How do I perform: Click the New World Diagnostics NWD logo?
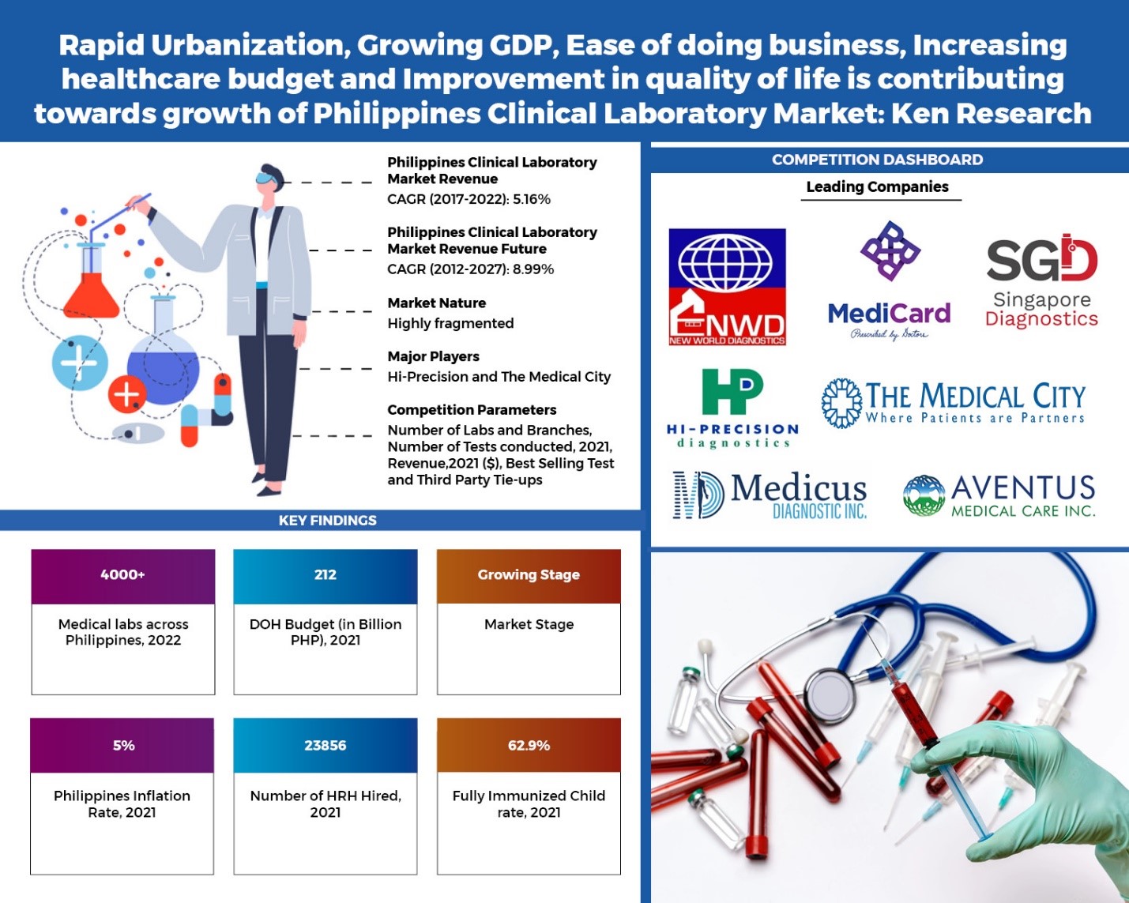pos(727,287)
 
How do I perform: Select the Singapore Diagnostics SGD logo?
pos(1041,281)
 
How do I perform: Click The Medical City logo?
pos(954,403)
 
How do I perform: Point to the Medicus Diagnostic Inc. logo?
pos(770,495)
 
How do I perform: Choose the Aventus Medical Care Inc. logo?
pos(999,495)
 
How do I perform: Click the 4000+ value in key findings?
pos(122,575)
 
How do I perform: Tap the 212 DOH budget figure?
pos(325,575)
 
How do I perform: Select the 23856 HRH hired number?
pos(325,746)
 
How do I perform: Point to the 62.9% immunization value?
pos(529,746)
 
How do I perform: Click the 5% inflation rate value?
pos(123,746)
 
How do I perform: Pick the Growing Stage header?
pos(529,575)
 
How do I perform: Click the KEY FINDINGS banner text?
pos(327,521)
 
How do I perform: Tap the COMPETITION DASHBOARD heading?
pos(877,160)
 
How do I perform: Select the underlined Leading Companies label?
pos(877,187)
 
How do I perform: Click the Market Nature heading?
pos(437,303)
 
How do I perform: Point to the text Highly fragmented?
pos(450,324)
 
